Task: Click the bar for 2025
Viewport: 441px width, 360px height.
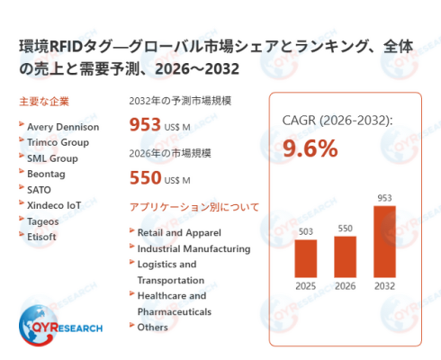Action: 306,258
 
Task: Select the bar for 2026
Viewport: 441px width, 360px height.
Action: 345,256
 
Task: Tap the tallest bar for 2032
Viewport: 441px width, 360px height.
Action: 384,241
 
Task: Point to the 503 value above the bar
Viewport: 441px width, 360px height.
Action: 306,231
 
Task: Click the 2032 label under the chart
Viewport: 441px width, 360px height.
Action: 384,286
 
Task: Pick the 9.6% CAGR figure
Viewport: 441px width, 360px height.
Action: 310,148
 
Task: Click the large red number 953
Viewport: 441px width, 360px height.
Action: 145,124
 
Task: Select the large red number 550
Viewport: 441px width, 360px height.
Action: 146,177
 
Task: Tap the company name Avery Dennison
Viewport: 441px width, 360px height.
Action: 63,127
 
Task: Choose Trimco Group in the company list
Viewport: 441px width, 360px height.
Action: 58,142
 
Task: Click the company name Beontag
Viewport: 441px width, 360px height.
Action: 46,174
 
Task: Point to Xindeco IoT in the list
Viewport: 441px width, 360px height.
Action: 54,205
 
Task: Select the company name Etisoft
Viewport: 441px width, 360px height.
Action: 41,237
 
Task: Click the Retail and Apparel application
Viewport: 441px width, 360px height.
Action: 179,233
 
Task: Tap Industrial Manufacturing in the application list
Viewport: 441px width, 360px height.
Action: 193,248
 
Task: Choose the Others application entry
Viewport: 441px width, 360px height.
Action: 152,328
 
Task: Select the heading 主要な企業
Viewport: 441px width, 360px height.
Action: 44,102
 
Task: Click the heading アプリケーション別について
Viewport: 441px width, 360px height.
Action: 194,207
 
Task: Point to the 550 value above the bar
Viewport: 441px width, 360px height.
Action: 345,229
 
